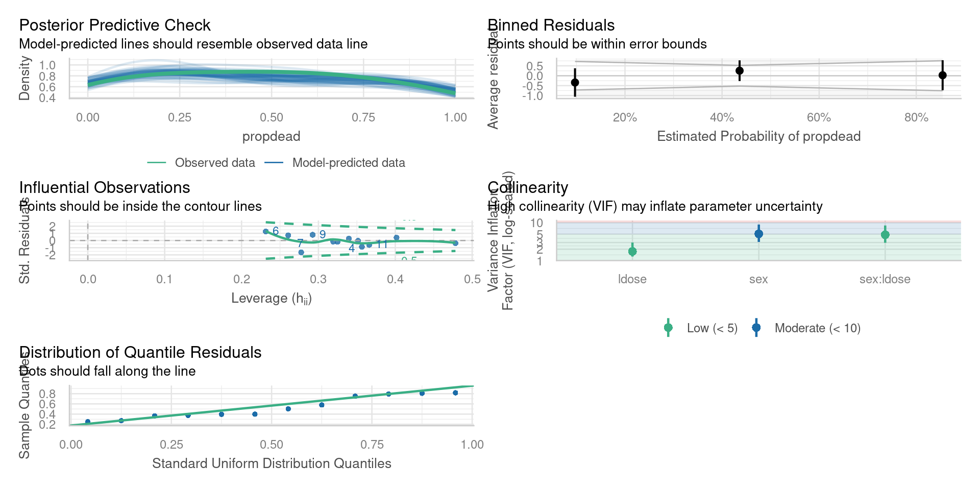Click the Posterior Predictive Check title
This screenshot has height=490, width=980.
[x=115, y=25]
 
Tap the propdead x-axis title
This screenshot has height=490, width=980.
[x=271, y=136]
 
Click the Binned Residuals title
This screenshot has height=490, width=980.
[x=551, y=25]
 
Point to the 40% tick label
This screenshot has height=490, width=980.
[x=722, y=117]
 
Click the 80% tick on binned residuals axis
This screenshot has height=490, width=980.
[x=916, y=117]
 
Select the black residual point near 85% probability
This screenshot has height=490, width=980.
[x=942, y=75]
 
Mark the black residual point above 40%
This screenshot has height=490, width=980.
[x=739, y=71]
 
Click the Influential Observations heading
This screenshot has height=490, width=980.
[x=105, y=187]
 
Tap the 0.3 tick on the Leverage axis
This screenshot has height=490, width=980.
[x=318, y=279]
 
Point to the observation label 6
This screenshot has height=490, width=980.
[x=276, y=231]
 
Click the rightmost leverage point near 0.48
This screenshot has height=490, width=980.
[x=455, y=243]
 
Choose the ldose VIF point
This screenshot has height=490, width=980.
[x=632, y=251]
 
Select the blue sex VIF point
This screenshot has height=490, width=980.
[x=758, y=234]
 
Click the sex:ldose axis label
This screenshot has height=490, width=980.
[x=885, y=279]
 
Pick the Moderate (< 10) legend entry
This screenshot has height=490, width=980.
[x=817, y=328]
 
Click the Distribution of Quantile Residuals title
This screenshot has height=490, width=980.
[x=140, y=352]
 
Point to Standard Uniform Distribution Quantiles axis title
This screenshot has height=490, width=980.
[x=272, y=463]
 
